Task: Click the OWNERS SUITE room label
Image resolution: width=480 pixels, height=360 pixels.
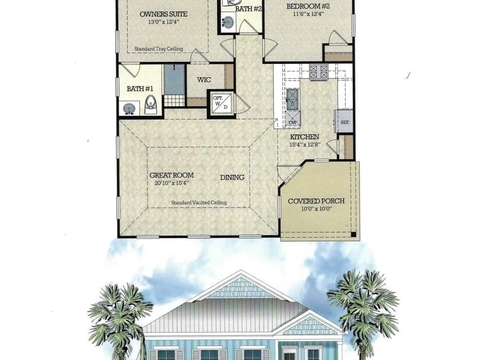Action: click(164, 14)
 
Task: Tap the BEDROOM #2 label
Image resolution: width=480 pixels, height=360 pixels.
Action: click(308, 6)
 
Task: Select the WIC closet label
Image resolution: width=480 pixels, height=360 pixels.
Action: click(204, 80)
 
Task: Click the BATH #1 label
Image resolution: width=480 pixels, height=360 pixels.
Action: click(140, 89)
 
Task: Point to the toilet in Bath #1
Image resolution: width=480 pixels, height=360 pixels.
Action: click(150, 104)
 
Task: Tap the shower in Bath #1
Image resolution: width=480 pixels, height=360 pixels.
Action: click(175, 80)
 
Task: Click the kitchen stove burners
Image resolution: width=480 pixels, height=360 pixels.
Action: click(319, 72)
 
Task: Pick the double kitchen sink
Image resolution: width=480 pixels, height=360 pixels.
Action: click(292, 99)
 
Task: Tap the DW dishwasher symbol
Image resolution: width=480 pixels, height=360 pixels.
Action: click(293, 119)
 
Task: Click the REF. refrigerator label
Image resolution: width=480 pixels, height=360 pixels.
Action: click(345, 122)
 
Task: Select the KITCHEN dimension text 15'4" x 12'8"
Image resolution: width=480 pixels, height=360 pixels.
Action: click(305, 144)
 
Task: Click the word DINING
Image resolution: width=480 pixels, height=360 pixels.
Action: click(232, 177)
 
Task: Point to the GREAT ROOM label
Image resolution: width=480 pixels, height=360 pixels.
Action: click(171, 175)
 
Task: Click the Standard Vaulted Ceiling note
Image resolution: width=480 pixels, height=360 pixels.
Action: click(199, 203)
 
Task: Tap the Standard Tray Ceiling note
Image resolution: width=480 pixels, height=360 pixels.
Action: click(158, 48)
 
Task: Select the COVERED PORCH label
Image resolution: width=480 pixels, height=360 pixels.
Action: click(316, 201)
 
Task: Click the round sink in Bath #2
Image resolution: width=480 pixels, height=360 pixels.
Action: click(228, 22)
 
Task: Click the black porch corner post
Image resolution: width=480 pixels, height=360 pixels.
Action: click(353, 235)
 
